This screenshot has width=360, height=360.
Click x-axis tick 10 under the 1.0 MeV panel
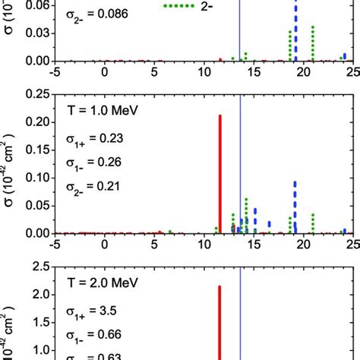click(204, 245)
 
